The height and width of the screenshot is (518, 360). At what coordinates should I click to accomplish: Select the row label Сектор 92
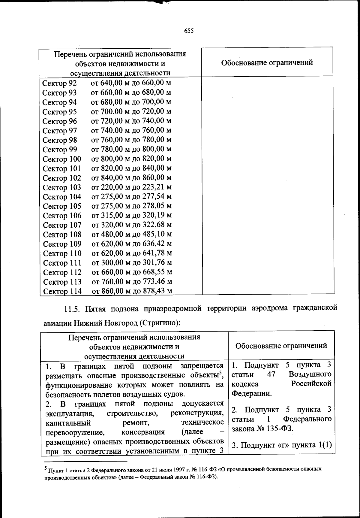pyautogui.click(x=59, y=83)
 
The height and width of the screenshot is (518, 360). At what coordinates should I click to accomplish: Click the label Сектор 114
pyautogui.click(x=62, y=291)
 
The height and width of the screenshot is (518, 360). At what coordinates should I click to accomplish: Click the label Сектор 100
pyautogui.click(x=62, y=159)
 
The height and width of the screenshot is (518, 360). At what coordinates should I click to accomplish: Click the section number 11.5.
pyautogui.click(x=72, y=308)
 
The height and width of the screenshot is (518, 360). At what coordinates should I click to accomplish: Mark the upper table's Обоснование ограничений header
pyautogui.click(x=267, y=62)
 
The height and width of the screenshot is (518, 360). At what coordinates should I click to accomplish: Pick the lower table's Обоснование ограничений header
pyautogui.click(x=281, y=346)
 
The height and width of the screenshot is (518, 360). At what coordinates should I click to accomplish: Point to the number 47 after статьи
pyautogui.click(x=271, y=374)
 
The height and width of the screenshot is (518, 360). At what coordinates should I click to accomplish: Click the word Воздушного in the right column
pyautogui.click(x=310, y=374)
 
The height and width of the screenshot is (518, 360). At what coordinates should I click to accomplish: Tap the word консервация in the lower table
pyautogui.click(x=143, y=432)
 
